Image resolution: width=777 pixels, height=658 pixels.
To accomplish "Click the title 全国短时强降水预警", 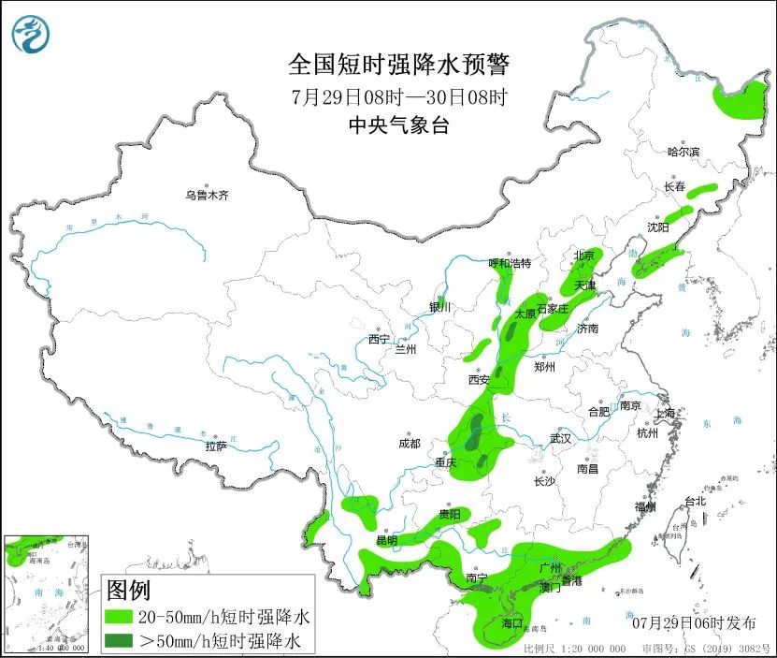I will pyautogui.click(x=399, y=65).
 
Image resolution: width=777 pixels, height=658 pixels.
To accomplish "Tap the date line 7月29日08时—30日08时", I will pyautogui.click(x=399, y=96).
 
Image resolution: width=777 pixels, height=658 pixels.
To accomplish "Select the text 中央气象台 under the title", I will pyautogui.click(x=399, y=125).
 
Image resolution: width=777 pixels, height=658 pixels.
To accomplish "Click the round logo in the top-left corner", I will pyautogui.click(x=31, y=35).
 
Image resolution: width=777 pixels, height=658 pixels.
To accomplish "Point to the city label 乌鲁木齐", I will pyautogui.click(x=207, y=196).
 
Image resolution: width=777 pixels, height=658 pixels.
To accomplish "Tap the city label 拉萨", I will pyautogui.click(x=216, y=446).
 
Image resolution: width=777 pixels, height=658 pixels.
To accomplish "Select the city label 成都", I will pyautogui.click(x=409, y=443).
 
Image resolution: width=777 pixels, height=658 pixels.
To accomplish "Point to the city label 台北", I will pyautogui.click(x=696, y=501).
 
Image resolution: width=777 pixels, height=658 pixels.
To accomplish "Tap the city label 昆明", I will pyautogui.click(x=386, y=540).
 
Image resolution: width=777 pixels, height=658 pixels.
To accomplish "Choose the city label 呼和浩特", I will pyautogui.click(x=510, y=263).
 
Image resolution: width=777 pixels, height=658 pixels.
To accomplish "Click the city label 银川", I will pyautogui.click(x=439, y=307).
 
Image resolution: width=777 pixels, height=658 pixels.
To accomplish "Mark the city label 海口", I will pyautogui.click(x=511, y=622).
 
